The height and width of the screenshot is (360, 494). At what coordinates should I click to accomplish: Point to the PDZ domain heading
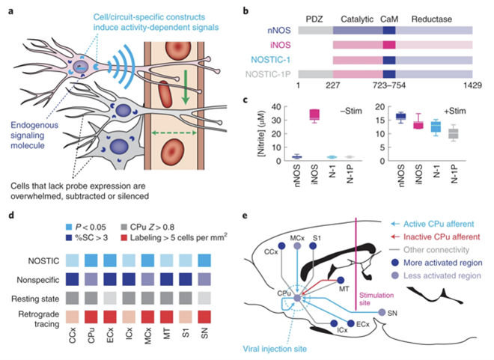(315, 16)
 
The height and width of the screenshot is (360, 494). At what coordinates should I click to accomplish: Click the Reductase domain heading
(434, 16)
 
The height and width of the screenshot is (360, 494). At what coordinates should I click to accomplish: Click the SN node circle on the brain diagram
(382, 312)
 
